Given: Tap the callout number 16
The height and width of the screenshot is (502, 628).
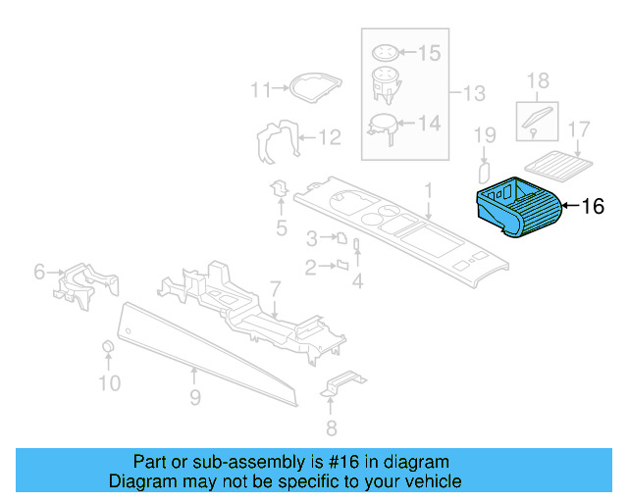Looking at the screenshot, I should [x=593, y=207].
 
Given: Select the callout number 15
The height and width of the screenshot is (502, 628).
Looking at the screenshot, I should [x=431, y=52].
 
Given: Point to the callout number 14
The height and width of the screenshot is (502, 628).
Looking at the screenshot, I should [x=430, y=124].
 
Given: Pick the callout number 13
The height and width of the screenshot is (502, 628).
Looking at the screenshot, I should [x=474, y=94].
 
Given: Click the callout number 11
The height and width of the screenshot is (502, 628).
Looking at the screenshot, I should [x=260, y=90].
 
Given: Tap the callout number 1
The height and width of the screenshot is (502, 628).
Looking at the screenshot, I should [x=428, y=188].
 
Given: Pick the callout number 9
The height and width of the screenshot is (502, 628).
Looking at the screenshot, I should [x=194, y=397].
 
